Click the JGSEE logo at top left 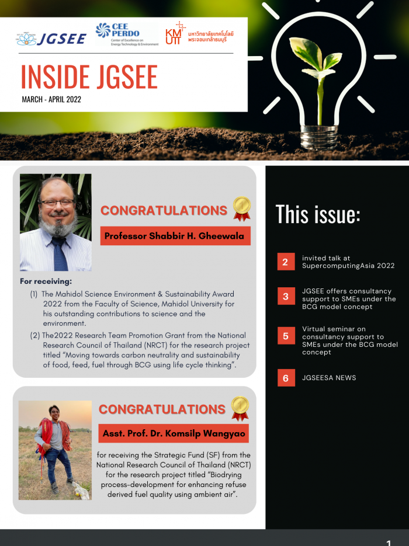pos(51,39)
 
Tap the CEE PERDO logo pos(127,34)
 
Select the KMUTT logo pos(199,34)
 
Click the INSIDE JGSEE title pos(89,76)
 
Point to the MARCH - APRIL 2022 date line pos(51,99)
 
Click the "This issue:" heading pos(318,214)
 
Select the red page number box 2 pos(286,262)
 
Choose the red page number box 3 pos(286,297)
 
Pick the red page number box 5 pos(286,336)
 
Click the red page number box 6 pos(286,378)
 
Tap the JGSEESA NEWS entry pos(329,378)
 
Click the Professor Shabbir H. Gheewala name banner pos(175,236)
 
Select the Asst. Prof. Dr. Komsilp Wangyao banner pos(174,433)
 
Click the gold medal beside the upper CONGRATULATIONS pos(241,207)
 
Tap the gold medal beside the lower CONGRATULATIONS pos(240,407)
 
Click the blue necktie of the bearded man pos(60,254)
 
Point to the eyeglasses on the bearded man pos(56,204)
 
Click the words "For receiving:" pos(46,281)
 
